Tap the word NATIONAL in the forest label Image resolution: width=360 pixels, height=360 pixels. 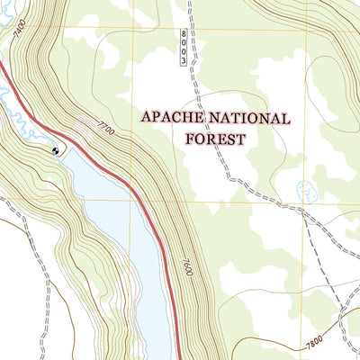[248, 119]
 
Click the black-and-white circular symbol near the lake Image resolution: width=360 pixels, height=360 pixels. [58, 151]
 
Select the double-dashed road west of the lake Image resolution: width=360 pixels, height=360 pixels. [27, 225]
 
